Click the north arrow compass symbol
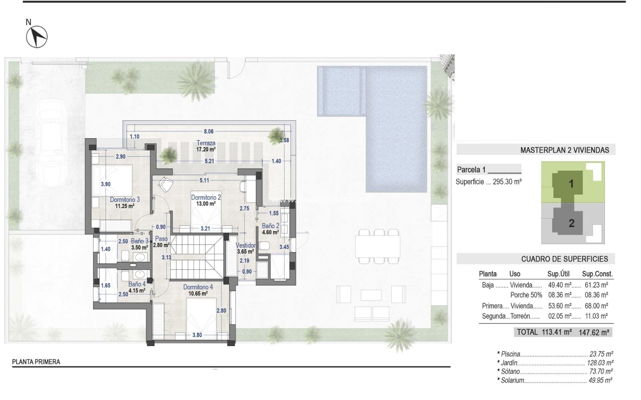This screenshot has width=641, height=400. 37,36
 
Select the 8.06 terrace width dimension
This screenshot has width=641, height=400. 209,132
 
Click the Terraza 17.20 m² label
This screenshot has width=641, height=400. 206,146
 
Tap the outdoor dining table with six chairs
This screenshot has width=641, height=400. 378,246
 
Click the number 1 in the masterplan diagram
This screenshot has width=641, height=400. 571,184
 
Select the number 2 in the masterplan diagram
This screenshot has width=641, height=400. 572,223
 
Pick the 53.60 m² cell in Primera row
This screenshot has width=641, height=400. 560,306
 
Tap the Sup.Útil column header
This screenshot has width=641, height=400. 558,274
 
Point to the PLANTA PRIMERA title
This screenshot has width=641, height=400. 36,362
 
